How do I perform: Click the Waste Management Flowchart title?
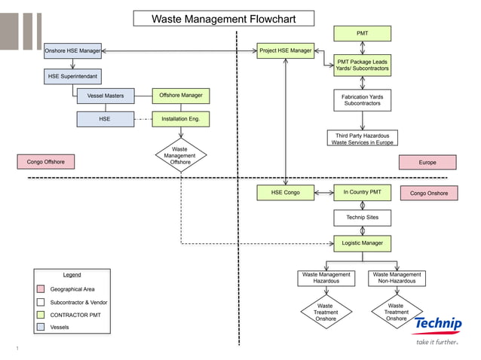coord(224,19)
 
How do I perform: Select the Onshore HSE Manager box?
coord(72,50)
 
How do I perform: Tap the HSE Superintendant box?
coord(72,77)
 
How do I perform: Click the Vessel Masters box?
coord(106,96)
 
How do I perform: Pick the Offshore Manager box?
coord(180,96)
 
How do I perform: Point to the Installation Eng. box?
coord(180,119)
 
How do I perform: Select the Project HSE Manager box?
coord(285,50)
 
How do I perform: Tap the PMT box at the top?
coord(363,33)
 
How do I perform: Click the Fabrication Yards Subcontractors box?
coord(363,99)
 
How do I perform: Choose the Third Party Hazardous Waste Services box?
coord(363,139)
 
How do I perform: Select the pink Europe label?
coord(427,162)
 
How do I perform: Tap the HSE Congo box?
coord(285,193)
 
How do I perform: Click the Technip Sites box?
coord(363,218)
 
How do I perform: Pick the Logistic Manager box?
coord(363,243)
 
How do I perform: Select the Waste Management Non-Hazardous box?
coord(397,279)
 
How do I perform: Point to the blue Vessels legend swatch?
coord(41,328)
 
